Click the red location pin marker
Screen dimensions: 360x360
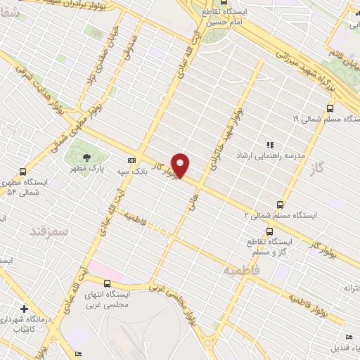pos(181,165)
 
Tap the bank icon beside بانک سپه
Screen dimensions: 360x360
pos(132,159)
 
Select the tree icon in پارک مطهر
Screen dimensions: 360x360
pos(86,157)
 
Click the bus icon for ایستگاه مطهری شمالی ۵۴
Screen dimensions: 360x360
pos(23,171)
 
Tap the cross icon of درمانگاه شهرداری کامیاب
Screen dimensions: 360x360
pos(25,309)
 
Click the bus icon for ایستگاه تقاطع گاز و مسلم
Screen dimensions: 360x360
pos(270,231)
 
